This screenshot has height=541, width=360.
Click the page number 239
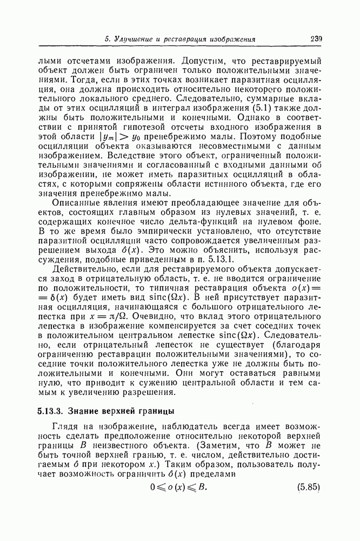pos(316,38)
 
